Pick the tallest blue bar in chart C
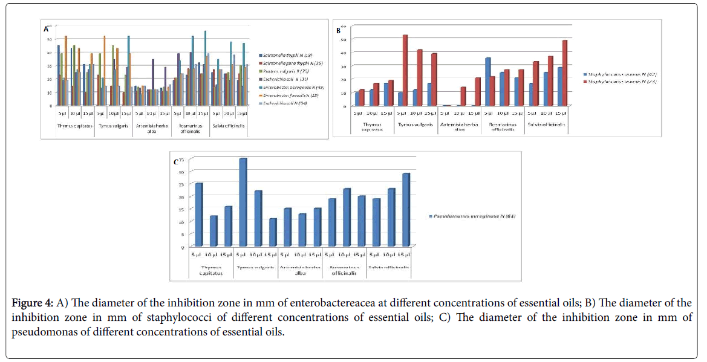243,202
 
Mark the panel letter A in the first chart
46,29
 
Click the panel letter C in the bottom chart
176,161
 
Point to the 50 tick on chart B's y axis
343,39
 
